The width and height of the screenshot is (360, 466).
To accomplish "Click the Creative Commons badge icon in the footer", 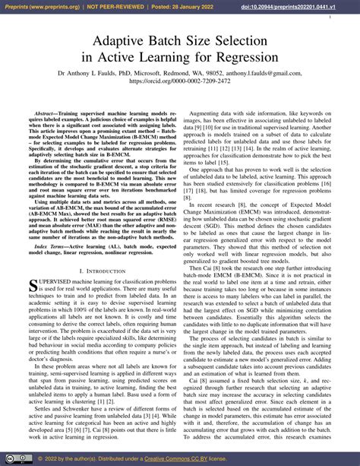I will [11, 459].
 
